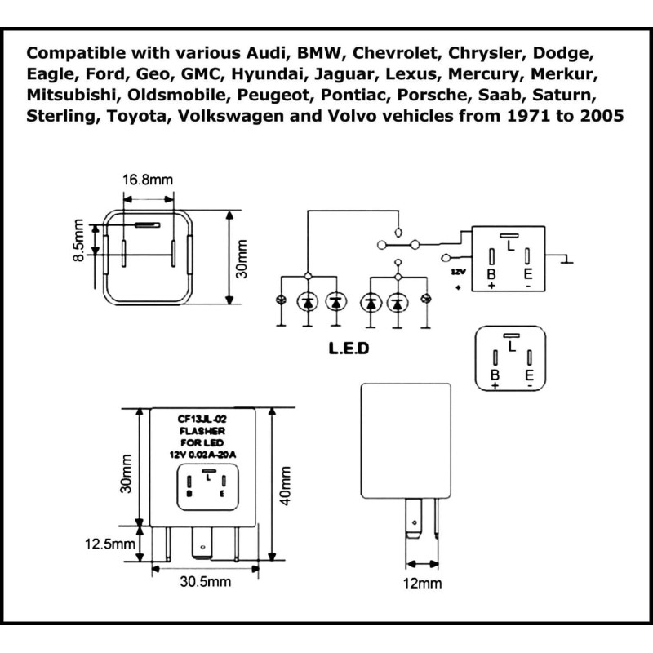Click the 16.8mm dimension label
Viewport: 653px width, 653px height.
pos(148,180)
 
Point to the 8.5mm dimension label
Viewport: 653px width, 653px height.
pos(78,240)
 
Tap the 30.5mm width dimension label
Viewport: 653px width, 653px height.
pos(206,581)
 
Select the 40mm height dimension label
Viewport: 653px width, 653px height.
pos(285,486)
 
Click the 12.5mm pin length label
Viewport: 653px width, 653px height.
pos(110,544)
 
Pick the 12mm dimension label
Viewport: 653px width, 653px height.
pos(422,584)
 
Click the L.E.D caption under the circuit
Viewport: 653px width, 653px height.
pos(349,349)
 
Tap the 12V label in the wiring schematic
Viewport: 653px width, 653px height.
pos(458,272)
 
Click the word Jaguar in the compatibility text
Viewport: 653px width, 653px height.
pos(345,74)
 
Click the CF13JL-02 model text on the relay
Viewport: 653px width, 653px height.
pos(202,420)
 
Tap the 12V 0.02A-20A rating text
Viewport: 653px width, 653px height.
pos(202,455)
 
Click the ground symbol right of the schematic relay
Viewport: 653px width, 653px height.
pos(566,260)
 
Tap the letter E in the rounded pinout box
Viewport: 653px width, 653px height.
pos(529,375)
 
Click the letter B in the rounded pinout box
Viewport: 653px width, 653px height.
pos(495,375)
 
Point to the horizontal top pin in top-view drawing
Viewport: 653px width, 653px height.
pos(148,225)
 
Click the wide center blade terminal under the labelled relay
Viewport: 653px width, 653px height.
pos(202,543)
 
